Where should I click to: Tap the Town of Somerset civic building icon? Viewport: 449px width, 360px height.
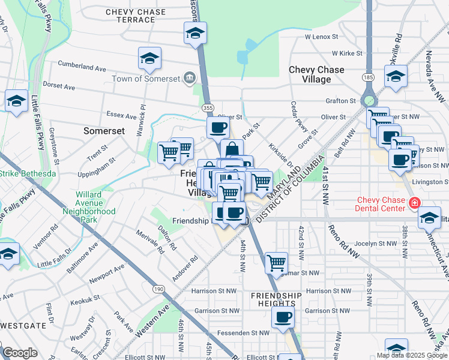[x=189, y=78]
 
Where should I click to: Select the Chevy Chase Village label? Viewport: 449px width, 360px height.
[x=316, y=74]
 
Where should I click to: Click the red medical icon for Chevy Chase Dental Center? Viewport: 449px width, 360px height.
[x=413, y=204]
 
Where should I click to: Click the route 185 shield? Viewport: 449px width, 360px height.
[x=368, y=77]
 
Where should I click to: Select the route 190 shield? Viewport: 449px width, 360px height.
[x=158, y=289]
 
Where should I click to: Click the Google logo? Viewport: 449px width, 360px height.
[x=20, y=353]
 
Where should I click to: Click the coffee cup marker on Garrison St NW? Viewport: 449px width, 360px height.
[x=283, y=317]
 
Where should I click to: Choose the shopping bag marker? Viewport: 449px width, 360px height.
[x=232, y=149]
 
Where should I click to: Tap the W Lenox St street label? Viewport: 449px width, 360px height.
[x=325, y=37]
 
